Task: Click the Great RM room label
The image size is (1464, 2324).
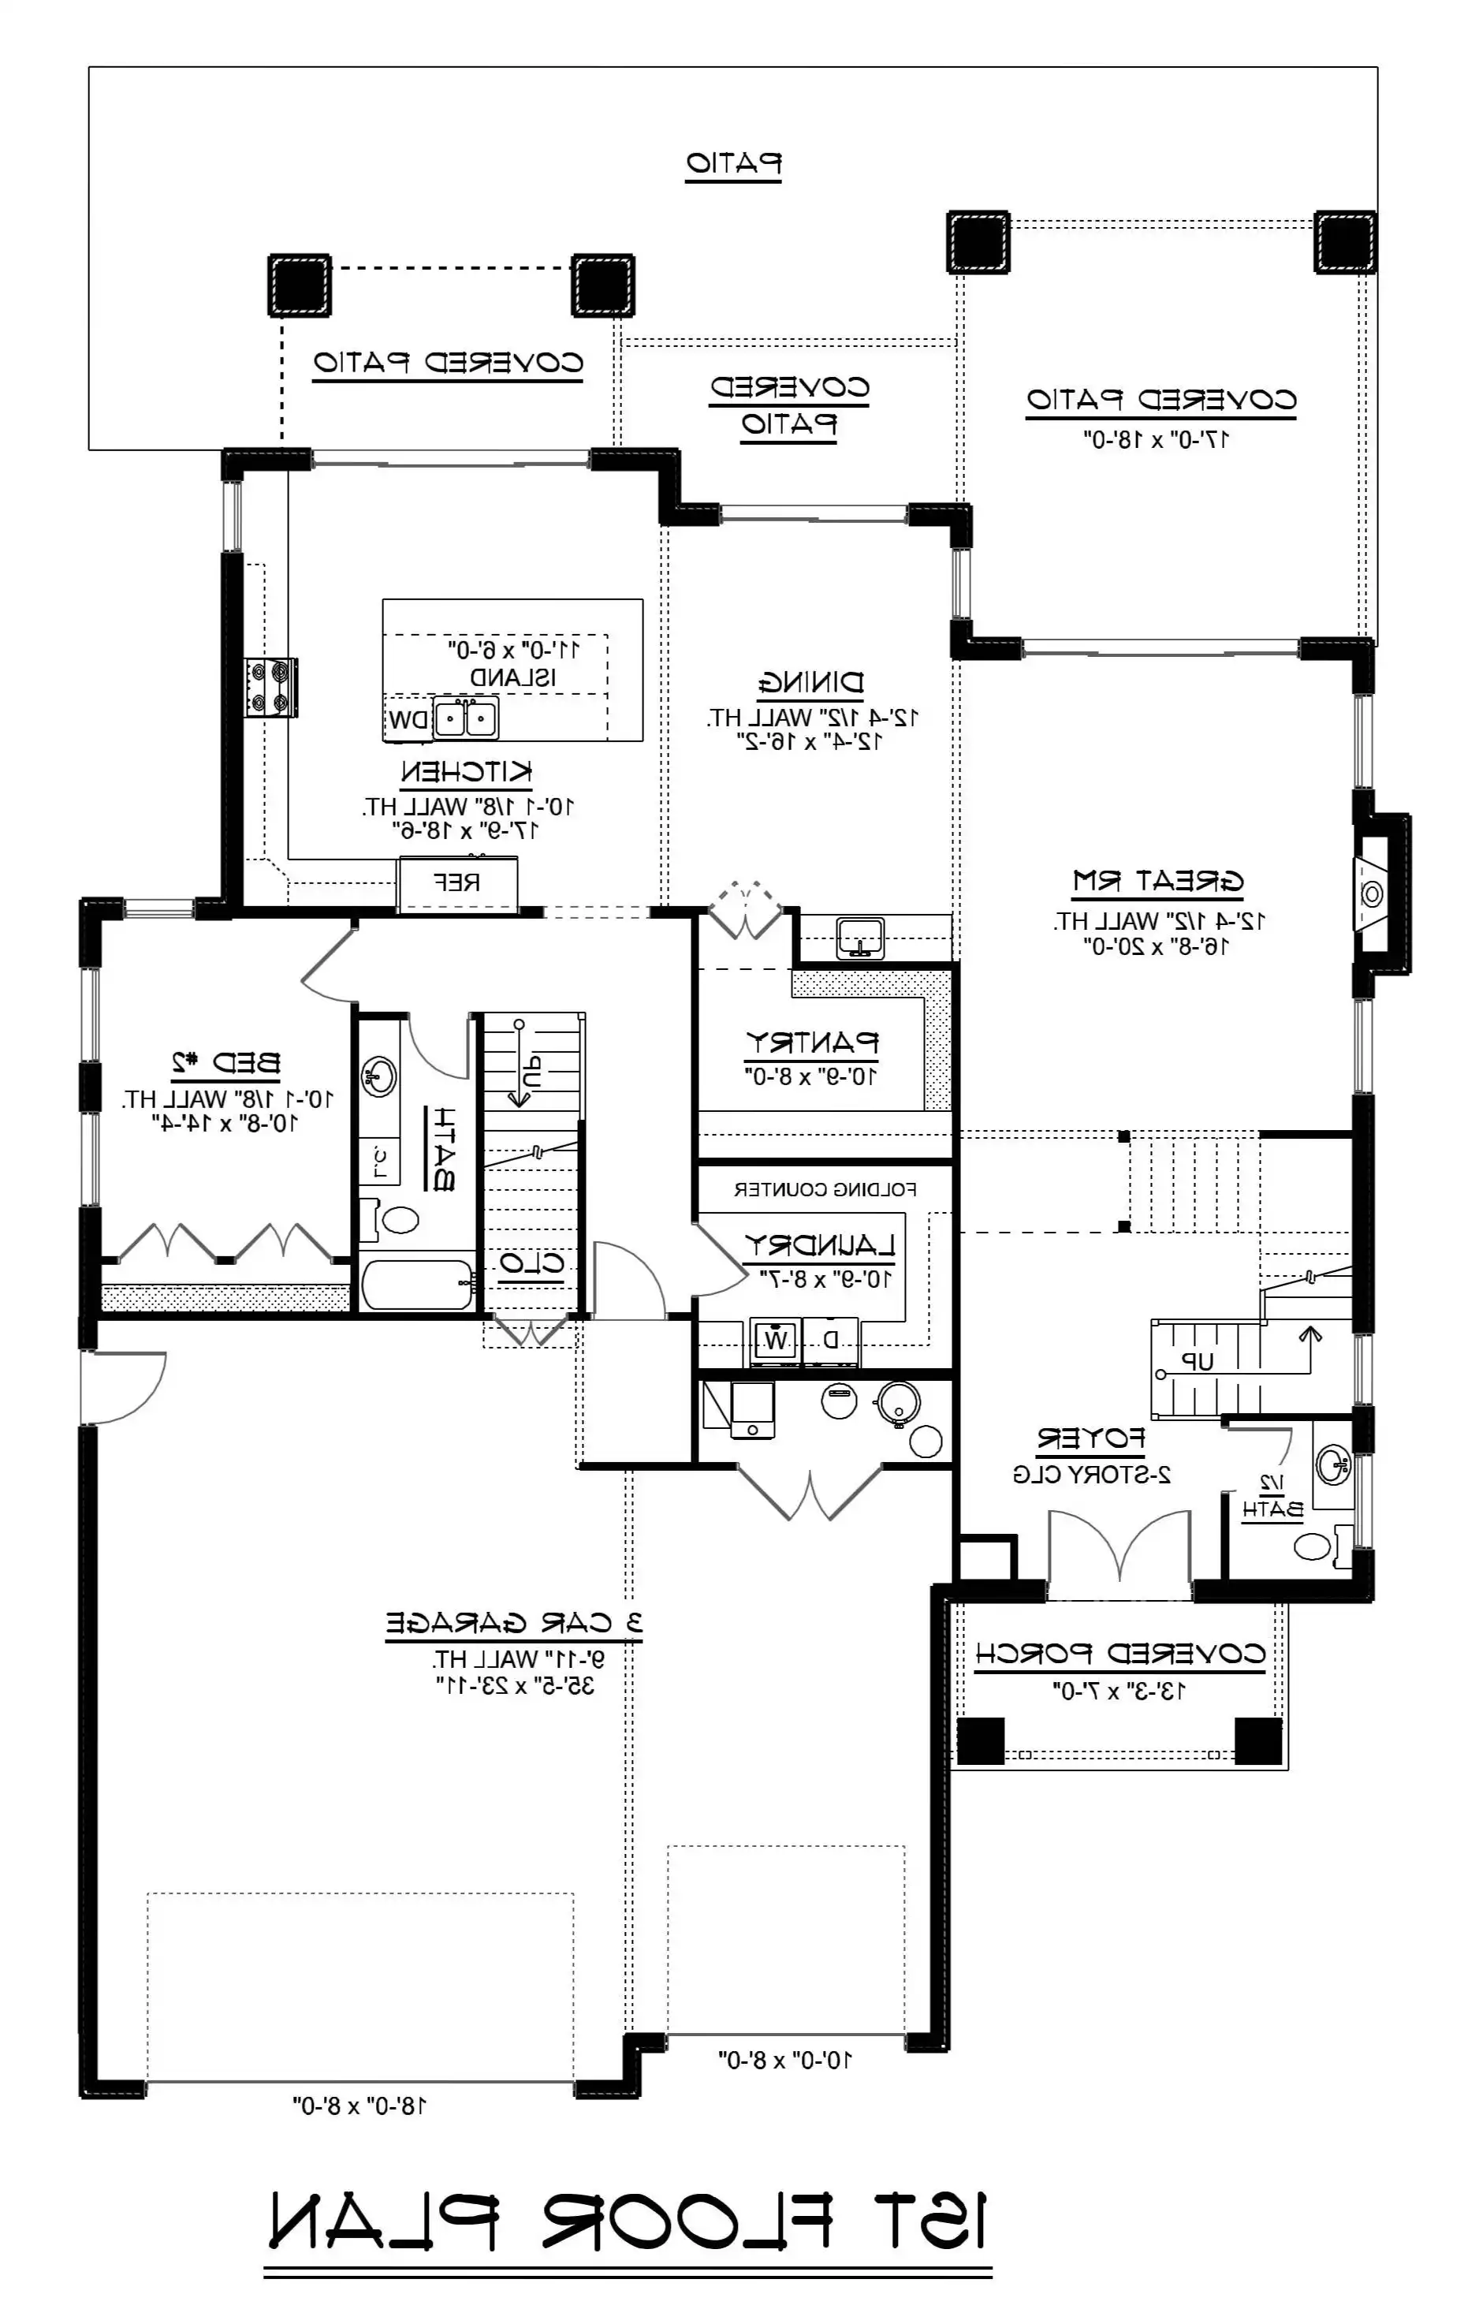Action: click(x=1157, y=881)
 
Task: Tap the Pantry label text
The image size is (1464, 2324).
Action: click(x=811, y=1043)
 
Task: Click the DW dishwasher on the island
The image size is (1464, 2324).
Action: click(x=408, y=720)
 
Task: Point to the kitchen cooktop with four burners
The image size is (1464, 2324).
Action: click(x=270, y=686)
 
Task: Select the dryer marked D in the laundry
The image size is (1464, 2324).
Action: click(x=831, y=1340)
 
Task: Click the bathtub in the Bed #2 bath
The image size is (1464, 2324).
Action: click(x=418, y=1285)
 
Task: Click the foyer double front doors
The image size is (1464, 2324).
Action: click(x=1119, y=1543)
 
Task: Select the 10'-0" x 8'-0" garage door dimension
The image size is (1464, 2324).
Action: click(x=784, y=2060)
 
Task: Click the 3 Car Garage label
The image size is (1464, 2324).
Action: click(x=513, y=1623)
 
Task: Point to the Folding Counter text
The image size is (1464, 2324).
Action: click(x=825, y=1190)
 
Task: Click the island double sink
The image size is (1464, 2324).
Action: click(x=466, y=719)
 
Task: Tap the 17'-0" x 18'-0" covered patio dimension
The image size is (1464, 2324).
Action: click(x=1155, y=439)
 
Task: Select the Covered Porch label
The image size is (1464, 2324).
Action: click(x=1119, y=1653)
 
